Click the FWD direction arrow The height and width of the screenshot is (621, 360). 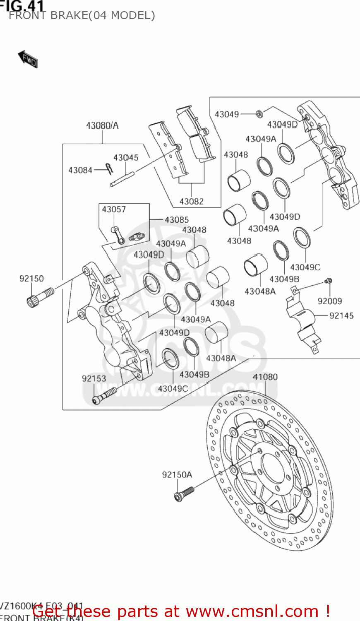point(28,59)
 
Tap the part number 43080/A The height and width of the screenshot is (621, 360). point(102,125)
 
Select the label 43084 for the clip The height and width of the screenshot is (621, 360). point(80,170)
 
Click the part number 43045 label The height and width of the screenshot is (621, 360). point(126,158)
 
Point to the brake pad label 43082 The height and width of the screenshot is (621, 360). point(191,202)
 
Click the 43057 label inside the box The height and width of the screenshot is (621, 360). point(114,209)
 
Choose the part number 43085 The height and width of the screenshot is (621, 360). point(177,220)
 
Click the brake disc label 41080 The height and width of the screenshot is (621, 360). point(265,377)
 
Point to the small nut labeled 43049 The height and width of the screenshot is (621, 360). point(259,113)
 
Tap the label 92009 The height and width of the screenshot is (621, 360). point(329,301)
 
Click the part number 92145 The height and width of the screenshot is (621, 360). point(341,316)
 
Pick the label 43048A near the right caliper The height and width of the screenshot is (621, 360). point(260,291)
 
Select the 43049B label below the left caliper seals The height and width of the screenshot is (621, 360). point(194,375)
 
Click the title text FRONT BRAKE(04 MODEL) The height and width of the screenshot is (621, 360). point(82,16)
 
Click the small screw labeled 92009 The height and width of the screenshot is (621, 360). point(328,281)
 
